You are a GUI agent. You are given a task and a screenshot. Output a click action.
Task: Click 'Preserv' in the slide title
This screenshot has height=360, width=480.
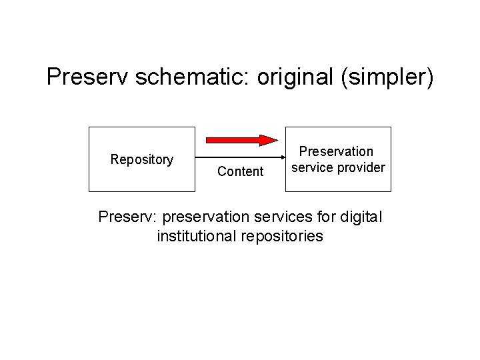click(x=87, y=77)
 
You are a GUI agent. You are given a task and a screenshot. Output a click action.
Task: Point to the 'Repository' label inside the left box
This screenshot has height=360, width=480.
click(x=142, y=159)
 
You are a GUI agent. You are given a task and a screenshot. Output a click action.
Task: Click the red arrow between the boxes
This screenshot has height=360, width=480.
click(x=240, y=140)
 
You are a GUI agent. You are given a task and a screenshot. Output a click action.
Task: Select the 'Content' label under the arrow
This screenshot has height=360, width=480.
click(x=241, y=171)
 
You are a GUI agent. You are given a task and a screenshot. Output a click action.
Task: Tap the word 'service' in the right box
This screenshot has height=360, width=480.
click(x=312, y=167)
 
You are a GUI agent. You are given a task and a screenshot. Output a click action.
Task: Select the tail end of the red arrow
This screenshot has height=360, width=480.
click(x=208, y=140)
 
